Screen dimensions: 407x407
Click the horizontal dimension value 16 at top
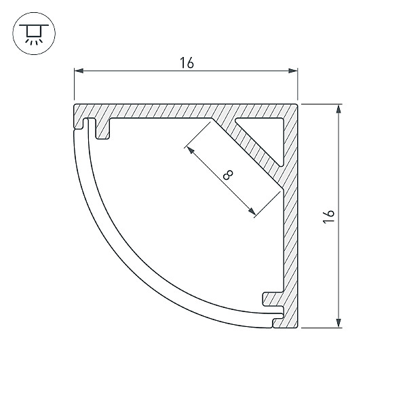(187, 63)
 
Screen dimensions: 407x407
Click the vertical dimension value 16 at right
(328, 216)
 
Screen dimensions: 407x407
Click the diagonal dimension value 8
(228, 175)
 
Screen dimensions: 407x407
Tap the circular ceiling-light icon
(34, 33)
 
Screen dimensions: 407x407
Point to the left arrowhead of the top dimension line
(79, 71)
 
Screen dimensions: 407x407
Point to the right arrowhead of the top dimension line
(293, 71)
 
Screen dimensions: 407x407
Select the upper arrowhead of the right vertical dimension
(338, 109)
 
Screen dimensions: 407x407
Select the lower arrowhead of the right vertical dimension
(338, 323)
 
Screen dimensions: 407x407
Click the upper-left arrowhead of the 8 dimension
(191, 150)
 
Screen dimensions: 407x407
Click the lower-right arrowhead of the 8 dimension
(252, 211)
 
